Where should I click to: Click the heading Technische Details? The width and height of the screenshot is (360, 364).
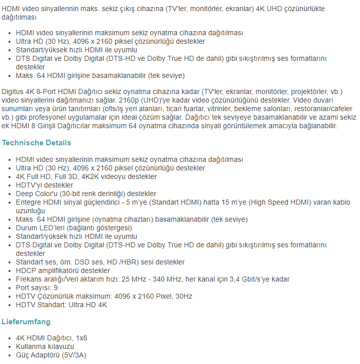click(x=36, y=143)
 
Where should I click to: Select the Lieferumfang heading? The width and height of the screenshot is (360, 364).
click(x=26, y=321)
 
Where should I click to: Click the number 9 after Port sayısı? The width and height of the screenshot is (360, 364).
click(x=56, y=288)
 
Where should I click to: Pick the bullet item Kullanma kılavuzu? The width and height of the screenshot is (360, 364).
click(x=45, y=346)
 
